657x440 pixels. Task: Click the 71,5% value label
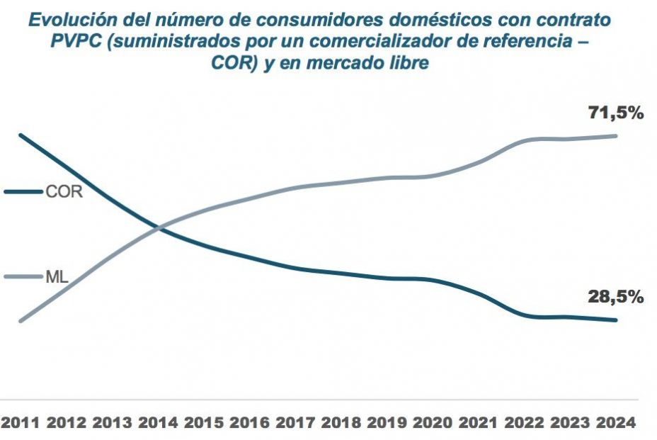616,112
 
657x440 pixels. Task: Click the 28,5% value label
616,297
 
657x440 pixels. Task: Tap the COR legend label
64,192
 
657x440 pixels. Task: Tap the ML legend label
57,277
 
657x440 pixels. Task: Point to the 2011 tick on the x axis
20,423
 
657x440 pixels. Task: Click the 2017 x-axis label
294,423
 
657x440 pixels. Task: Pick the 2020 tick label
431,423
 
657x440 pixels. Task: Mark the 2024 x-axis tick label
614,423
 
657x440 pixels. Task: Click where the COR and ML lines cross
160,227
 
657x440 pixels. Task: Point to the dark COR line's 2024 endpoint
616,320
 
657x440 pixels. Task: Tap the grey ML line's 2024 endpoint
616,135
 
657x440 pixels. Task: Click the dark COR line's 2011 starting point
21,135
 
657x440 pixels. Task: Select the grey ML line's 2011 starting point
21,321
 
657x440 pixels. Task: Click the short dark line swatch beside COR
23,192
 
